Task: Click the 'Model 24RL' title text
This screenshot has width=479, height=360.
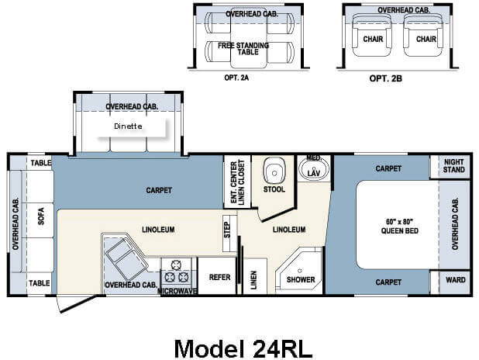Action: tap(243, 348)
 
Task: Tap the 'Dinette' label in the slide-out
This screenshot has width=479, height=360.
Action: tap(128, 126)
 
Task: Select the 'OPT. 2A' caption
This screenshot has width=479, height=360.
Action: tap(236, 78)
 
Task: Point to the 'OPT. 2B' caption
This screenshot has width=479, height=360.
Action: tap(386, 78)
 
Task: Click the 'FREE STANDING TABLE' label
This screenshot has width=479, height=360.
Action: tap(243, 49)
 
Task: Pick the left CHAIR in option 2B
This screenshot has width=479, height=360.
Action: tap(373, 36)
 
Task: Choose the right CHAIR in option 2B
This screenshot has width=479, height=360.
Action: tap(424, 36)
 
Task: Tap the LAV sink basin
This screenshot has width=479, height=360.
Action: tap(314, 169)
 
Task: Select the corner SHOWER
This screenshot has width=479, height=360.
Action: tap(299, 271)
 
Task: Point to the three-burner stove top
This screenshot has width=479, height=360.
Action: tap(176, 272)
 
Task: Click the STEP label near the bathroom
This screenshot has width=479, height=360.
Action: tap(227, 230)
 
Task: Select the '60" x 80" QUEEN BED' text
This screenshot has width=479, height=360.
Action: tap(399, 226)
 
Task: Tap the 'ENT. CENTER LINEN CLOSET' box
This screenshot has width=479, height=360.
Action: tap(237, 182)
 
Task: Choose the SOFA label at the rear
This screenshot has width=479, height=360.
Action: tap(41, 216)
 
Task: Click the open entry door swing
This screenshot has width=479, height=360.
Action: tap(77, 304)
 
